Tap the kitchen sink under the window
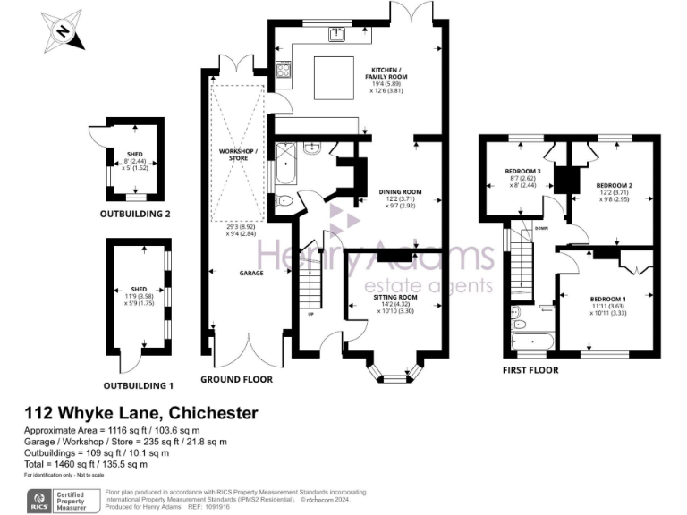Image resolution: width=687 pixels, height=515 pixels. pyautogui.click(x=337, y=35)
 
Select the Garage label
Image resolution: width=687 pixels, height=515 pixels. pyautogui.click(x=250, y=273)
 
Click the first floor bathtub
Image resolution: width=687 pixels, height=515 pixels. pyautogui.click(x=534, y=340)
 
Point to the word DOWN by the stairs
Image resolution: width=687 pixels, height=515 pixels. pyautogui.click(x=541, y=228)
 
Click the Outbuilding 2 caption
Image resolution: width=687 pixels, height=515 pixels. pyautogui.click(x=136, y=214)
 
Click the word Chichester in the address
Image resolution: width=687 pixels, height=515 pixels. pyautogui.click(x=211, y=413)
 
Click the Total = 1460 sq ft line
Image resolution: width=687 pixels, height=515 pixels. pyautogui.click(x=85, y=464)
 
